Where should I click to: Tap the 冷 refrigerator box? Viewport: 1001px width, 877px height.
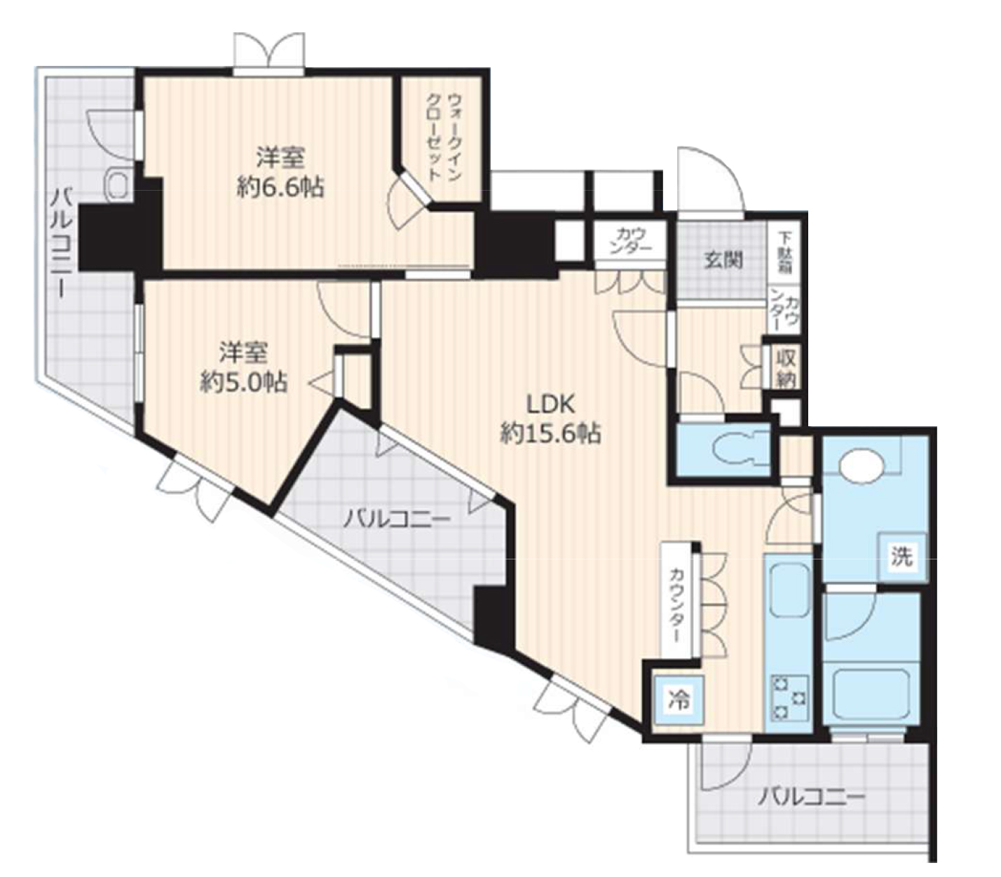tap(678, 699)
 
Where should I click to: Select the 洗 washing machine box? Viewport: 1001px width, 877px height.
tap(901, 557)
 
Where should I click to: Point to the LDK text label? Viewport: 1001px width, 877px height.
tap(550, 405)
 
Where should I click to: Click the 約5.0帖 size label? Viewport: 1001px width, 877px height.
tap(243, 382)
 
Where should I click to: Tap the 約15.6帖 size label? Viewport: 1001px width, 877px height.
tap(550, 435)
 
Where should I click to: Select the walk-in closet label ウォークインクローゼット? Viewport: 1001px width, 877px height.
tap(444, 138)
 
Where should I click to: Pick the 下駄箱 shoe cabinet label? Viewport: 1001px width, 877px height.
tap(786, 252)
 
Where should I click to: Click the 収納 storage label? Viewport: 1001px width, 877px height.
tap(786, 367)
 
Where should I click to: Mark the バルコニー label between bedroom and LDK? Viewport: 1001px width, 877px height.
tap(397, 519)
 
